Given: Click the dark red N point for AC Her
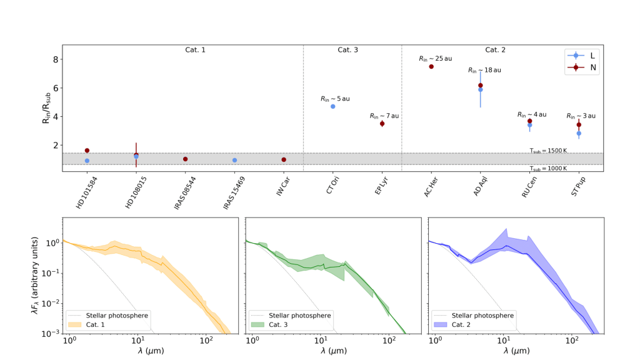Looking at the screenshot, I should [431, 66].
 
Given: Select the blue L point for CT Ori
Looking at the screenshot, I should [333, 106].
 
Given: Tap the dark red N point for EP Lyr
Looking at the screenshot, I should [382, 124].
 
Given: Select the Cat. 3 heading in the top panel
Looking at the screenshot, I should [347, 49].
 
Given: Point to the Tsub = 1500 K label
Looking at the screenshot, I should [548, 151].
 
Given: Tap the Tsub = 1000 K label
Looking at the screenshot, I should [548, 169].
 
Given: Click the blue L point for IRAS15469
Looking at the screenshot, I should [234, 160].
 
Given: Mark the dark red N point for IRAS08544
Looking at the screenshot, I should [186, 159].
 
